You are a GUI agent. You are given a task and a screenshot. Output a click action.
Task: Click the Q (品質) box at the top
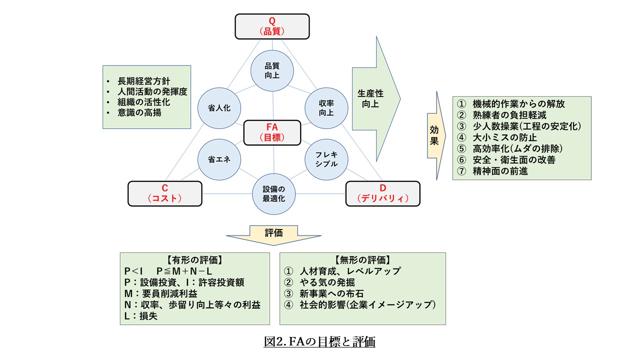point(272,26)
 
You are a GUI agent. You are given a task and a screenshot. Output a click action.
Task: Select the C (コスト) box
point(165,193)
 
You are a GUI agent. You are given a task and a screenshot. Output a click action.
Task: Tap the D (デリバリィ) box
point(382,193)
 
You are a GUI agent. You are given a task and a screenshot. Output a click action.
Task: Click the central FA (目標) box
point(272,132)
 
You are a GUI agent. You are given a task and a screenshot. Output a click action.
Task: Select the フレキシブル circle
point(326,159)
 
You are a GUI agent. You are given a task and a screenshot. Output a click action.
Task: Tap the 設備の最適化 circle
point(273,193)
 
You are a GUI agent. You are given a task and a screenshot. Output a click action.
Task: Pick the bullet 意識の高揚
point(139,113)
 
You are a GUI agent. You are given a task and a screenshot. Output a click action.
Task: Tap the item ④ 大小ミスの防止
point(497,137)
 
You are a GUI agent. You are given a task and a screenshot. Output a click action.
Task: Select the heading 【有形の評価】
point(194,260)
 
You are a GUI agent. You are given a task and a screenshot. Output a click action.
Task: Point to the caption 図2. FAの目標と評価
point(319,342)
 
